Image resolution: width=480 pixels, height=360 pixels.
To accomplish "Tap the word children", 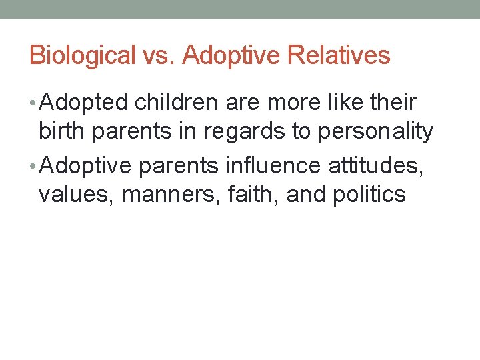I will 174,103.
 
